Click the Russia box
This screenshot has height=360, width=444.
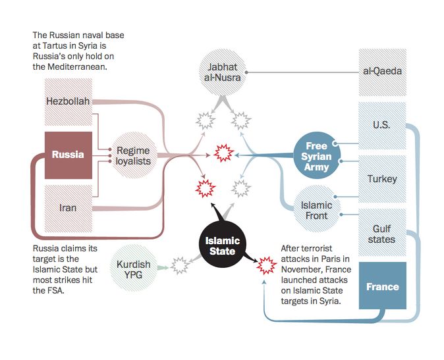(68, 155)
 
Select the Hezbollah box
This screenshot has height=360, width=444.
(68, 101)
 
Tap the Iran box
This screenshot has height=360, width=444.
(68, 208)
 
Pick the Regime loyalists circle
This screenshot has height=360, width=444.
(134, 155)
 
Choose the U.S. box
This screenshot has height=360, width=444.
(382, 124)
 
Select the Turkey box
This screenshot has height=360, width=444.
(382, 178)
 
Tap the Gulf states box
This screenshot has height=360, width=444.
(382, 233)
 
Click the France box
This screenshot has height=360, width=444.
(382, 286)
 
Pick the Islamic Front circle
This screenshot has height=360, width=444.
(316, 209)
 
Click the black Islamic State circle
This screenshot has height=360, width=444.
(221, 247)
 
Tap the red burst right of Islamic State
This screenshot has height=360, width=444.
(267, 266)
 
